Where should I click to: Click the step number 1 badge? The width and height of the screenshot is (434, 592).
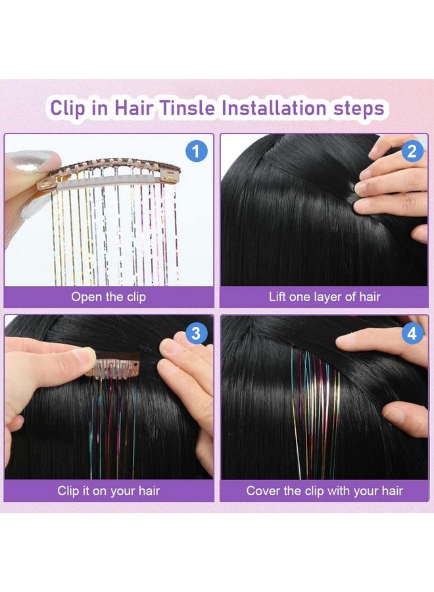(x=196, y=152)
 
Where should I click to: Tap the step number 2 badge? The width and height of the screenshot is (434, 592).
(x=412, y=152)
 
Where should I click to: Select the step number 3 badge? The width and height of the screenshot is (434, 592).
(x=196, y=333)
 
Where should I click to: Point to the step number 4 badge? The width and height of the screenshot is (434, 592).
(x=412, y=333)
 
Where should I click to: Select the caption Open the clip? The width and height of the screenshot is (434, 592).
(x=108, y=297)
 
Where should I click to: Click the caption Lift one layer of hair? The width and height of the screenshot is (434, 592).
(x=324, y=297)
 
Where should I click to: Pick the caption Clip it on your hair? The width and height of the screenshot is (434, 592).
(x=108, y=491)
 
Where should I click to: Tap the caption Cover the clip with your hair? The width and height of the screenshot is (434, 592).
(x=324, y=491)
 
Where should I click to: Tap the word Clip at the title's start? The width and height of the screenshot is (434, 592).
(x=68, y=108)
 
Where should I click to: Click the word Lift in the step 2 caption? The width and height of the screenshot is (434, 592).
(x=279, y=297)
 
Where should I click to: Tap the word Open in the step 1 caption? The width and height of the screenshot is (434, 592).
(x=85, y=297)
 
